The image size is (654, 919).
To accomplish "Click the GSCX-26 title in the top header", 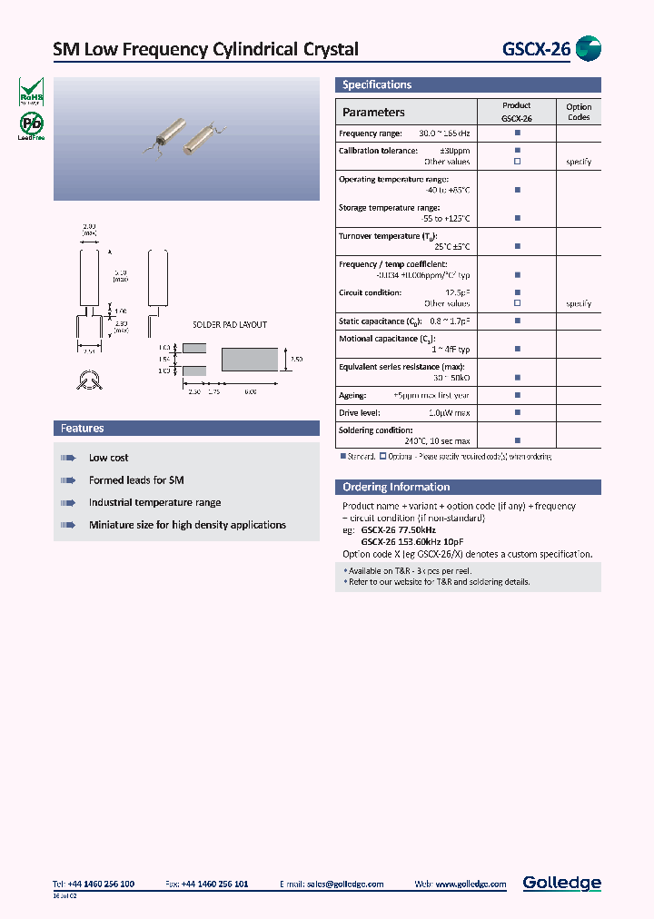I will (536, 49).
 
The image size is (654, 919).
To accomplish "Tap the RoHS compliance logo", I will (32, 92).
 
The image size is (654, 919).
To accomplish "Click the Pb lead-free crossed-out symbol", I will (32, 125).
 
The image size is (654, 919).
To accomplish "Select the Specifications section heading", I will (377, 84).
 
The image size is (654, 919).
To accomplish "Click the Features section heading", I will (83, 428).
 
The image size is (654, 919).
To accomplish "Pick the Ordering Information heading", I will (396, 487).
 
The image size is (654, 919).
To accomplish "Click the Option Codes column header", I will (579, 112).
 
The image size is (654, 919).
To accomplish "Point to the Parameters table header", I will (373, 113).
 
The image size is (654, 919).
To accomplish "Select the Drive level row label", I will (360, 412).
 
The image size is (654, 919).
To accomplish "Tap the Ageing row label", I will (352, 395).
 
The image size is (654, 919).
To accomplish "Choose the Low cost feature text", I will (108, 458).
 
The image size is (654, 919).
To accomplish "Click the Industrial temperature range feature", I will (154, 502).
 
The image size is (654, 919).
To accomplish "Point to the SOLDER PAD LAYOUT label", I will (230, 324).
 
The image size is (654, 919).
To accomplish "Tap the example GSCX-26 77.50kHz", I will (398, 529).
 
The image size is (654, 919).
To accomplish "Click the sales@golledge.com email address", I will (344, 884).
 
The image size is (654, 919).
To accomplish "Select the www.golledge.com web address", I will (471, 884).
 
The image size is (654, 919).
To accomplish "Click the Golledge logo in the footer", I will (561, 883).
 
